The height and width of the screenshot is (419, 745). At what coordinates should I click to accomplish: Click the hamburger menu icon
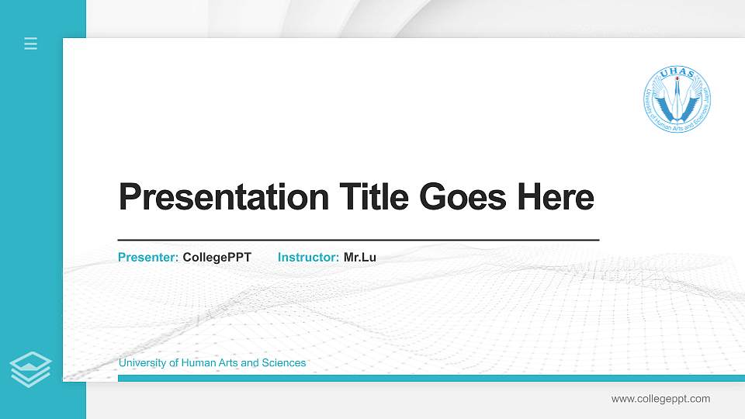pos(31,43)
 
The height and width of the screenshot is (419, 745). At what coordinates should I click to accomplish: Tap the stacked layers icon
pos(31,369)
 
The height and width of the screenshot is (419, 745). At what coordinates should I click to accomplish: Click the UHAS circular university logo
pos(677,99)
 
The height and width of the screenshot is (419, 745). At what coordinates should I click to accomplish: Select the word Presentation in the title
pos(223,197)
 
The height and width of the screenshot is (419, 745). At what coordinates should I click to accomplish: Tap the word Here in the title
pos(555,197)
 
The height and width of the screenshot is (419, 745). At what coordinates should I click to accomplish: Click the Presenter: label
pos(148,257)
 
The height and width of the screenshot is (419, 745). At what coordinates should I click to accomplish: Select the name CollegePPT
pos(217,257)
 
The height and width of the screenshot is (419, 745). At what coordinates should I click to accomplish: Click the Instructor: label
pos(308,257)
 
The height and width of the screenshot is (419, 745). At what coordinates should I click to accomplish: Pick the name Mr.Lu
pos(360,257)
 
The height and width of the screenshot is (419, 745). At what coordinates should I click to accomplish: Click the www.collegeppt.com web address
pos(660,399)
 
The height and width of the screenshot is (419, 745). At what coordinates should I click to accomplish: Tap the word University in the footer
pos(143,363)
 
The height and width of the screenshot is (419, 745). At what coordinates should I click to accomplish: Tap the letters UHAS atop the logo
pos(677,74)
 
